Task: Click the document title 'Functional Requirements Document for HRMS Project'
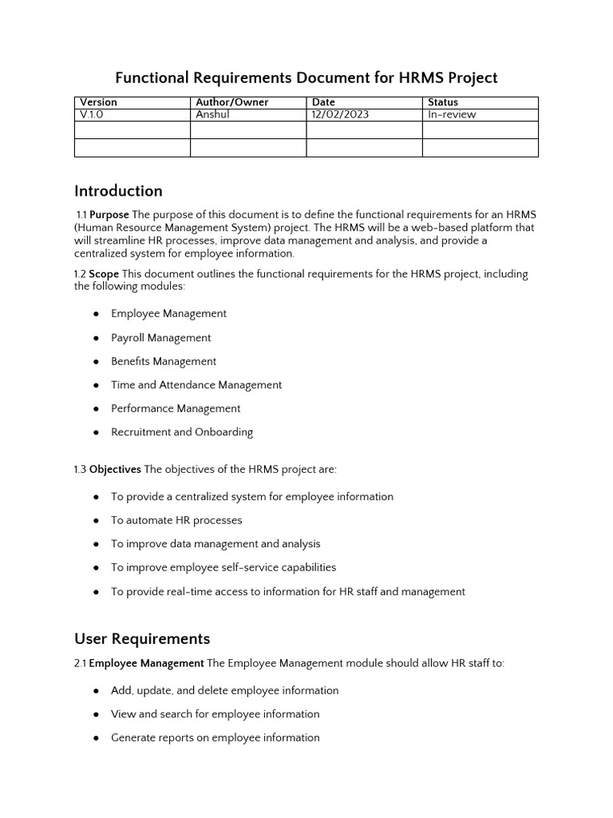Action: click(x=306, y=77)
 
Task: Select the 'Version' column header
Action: click(x=98, y=102)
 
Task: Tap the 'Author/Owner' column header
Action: click(x=232, y=102)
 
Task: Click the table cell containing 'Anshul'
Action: click(x=212, y=114)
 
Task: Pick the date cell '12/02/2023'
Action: click(x=340, y=114)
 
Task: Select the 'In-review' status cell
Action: click(x=452, y=114)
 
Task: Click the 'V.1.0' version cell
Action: click(x=92, y=114)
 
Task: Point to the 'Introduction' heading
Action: click(x=118, y=191)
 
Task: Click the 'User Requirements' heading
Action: click(x=142, y=638)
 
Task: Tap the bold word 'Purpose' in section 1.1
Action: click(x=109, y=215)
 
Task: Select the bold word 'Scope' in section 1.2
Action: click(x=104, y=274)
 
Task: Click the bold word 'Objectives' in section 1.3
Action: click(x=115, y=469)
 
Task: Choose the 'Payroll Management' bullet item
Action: click(x=161, y=338)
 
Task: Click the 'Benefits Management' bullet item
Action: click(x=164, y=361)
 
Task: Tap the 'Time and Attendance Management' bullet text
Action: click(x=196, y=385)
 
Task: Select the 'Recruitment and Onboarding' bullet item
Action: click(x=182, y=432)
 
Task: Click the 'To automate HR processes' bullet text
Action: click(x=176, y=520)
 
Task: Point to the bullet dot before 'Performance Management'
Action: click(x=96, y=409)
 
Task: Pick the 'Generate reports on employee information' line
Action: click(x=216, y=737)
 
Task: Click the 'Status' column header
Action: click(x=443, y=102)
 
